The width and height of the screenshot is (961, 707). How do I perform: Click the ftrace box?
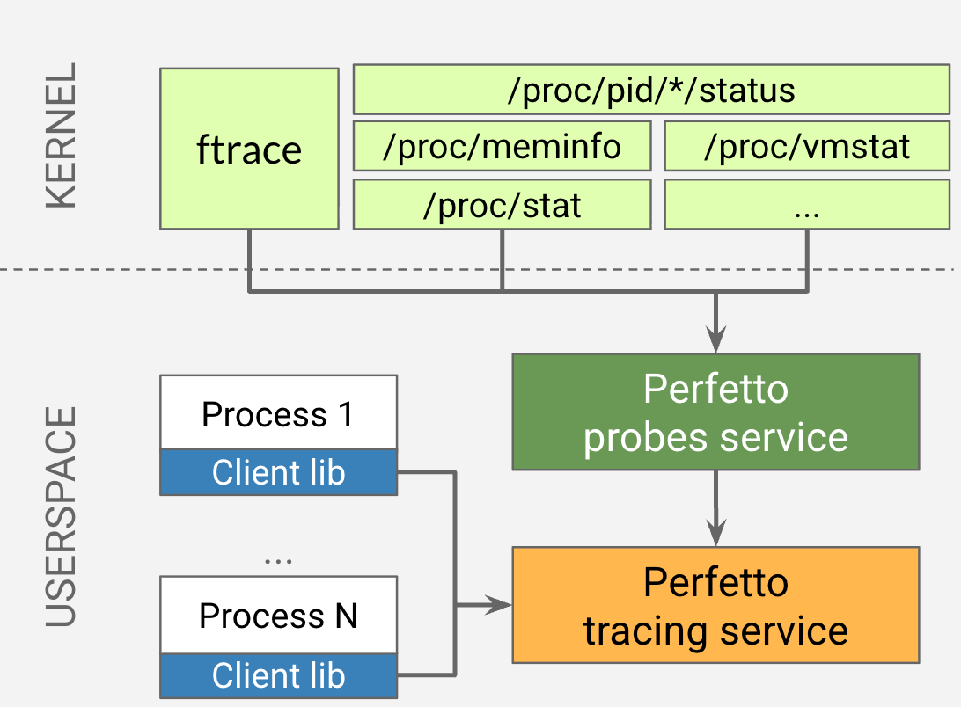tap(249, 149)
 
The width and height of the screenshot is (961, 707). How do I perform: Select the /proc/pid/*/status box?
tap(651, 90)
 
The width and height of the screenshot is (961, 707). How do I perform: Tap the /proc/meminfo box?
tap(502, 146)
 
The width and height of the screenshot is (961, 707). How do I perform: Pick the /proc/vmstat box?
tap(807, 146)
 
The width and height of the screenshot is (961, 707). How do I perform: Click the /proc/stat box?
tap(502, 205)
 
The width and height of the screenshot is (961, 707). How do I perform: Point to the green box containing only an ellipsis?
tap(807, 205)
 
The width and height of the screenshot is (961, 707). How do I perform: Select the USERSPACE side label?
tap(61, 516)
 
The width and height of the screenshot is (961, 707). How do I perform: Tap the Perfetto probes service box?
tap(715, 412)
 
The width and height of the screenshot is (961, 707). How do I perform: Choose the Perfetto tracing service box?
tap(715, 605)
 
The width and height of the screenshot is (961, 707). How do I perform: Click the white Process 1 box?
tap(278, 413)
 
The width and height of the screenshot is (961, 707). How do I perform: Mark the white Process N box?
tap(278, 615)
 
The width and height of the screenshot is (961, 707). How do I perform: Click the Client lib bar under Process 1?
tap(278, 473)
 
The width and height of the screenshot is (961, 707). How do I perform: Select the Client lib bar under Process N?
tap(278, 675)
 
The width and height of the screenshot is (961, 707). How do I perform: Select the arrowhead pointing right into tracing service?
tap(501, 605)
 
